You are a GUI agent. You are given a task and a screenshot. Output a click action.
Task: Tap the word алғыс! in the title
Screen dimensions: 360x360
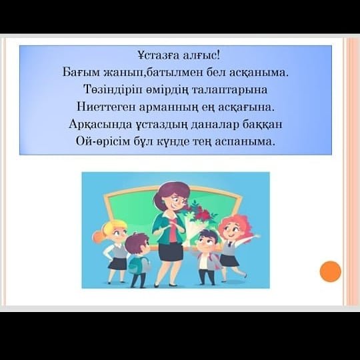click(201, 55)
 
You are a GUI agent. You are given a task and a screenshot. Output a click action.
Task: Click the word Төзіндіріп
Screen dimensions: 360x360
click(113, 90)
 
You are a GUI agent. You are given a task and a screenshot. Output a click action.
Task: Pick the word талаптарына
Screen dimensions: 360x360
click(229, 90)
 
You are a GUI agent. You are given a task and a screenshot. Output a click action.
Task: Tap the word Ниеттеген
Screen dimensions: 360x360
click(106, 107)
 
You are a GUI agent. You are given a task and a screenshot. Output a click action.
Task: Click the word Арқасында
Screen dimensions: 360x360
click(101, 125)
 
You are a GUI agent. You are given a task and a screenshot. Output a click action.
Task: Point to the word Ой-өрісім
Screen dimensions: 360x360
click(103, 141)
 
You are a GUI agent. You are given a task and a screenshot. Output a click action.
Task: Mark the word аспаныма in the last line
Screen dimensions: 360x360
click(245, 141)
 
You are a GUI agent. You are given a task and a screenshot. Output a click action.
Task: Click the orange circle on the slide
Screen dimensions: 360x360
click(331, 271)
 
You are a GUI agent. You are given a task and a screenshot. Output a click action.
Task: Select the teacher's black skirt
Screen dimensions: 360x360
click(171, 252)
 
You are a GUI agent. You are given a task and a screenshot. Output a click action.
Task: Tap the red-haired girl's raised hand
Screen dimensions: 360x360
click(257, 236)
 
